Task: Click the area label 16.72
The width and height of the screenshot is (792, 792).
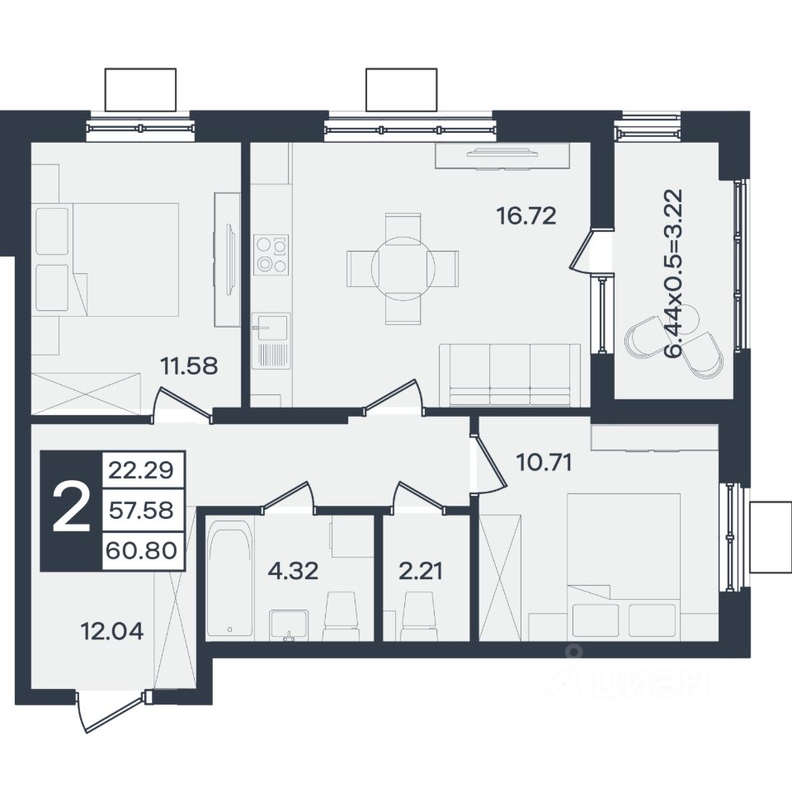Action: tap(526, 216)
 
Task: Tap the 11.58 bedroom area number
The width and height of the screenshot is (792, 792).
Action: tap(189, 365)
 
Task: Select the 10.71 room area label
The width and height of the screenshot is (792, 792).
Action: tap(544, 462)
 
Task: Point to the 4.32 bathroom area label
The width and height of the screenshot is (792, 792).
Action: tap(293, 571)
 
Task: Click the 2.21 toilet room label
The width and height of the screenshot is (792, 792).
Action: tap(421, 571)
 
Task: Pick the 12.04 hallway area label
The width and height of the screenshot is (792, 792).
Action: tap(112, 631)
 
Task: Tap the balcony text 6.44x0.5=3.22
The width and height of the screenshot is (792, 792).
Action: tap(674, 274)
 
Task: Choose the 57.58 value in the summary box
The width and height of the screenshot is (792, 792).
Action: tap(141, 511)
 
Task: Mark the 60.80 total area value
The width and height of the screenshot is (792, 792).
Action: tap(141, 550)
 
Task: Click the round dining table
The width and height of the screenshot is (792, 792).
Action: tap(403, 268)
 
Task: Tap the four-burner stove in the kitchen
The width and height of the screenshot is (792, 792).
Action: tap(271, 255)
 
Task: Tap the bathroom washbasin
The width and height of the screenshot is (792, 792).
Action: tap(289, 625)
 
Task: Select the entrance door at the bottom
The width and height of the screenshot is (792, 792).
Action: tap(112, 710)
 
